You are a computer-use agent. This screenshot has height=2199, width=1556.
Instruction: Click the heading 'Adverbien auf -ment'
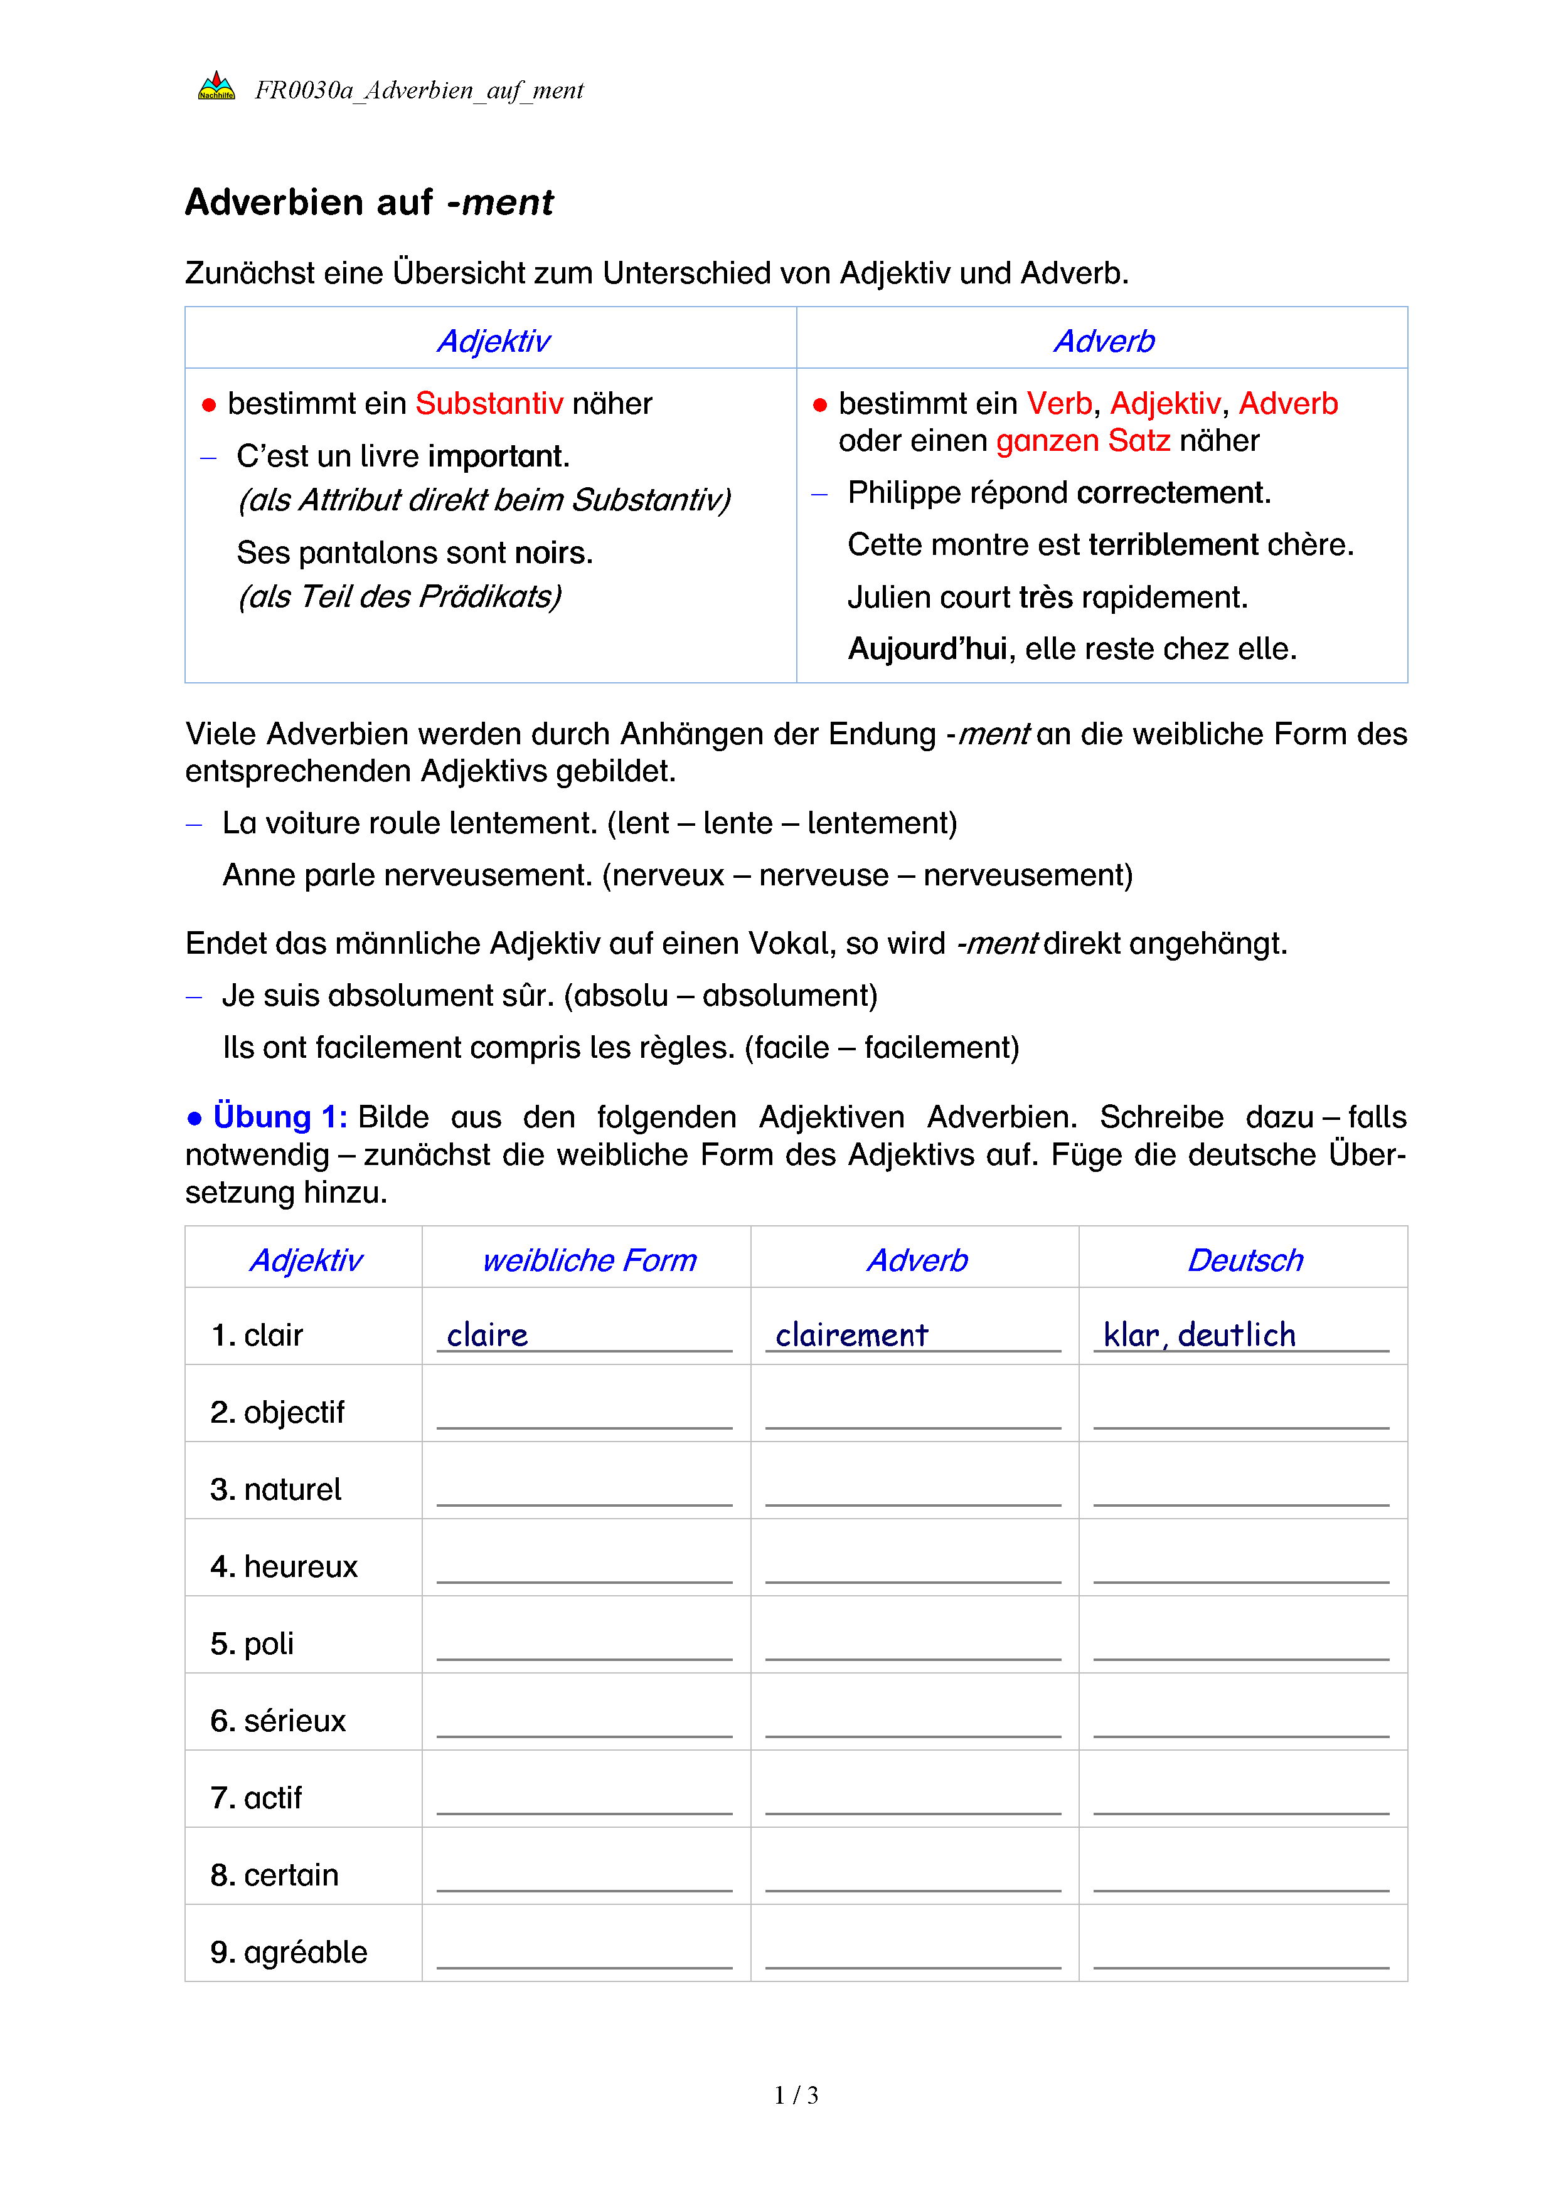[x=369, y=202]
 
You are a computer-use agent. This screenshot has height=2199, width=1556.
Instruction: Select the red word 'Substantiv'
[x=489, y=403]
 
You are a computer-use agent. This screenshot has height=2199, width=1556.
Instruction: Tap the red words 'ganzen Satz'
[x=1083, y=441]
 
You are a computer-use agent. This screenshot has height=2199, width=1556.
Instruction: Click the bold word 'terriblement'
[x=1174, y=544]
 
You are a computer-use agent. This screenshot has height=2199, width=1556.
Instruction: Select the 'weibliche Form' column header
[x=589, y=1260]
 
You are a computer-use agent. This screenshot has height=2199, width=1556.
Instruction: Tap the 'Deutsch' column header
[x=1245, y=1260]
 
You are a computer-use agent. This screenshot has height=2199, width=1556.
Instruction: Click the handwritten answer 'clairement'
[x=852, y=1334]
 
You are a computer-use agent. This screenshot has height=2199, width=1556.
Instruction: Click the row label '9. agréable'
[x=289, y=1952]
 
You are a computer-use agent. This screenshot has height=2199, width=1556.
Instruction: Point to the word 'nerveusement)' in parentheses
[x=1028, y=875]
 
